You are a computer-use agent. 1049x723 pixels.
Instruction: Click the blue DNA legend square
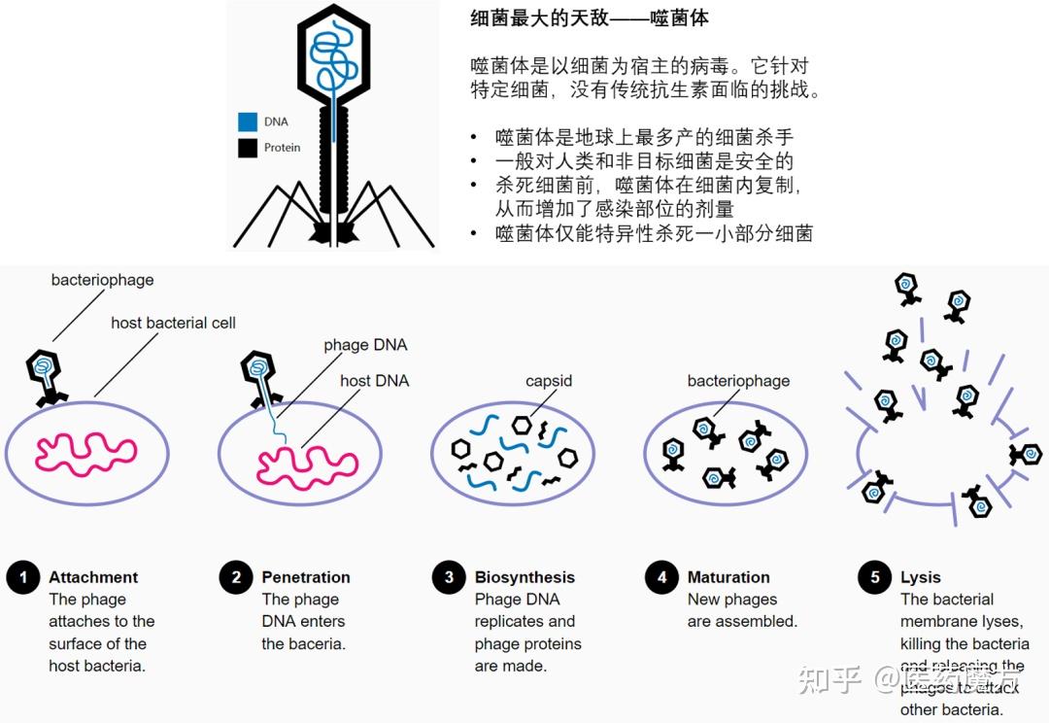tap(248, 122)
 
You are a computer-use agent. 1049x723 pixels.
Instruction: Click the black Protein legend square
tap(248, 148)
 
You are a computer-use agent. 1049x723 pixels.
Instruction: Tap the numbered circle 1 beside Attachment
tap(22, 577)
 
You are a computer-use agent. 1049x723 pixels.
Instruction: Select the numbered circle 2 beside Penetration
tap(235, 577)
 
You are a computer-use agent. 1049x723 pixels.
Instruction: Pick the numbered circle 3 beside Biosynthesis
tap(448, 577)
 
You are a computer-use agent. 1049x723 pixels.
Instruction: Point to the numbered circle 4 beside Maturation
tap(660, 577)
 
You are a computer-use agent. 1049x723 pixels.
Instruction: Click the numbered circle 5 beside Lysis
tap(874, 577)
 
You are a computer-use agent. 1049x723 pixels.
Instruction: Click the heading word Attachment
tap(93, 577)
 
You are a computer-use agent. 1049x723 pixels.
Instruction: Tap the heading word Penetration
tap(306, 577)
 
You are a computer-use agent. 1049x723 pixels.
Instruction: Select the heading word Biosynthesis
tap(524, 577)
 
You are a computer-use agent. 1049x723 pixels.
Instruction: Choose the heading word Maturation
tap(728, 577)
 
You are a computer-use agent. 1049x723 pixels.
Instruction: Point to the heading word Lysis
tap(921, 577)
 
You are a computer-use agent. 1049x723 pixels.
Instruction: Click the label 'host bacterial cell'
tap(173, 323)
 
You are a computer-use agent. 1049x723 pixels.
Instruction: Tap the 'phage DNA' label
tap(365, 345)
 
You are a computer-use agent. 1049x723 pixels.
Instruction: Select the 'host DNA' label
tap(374, 381)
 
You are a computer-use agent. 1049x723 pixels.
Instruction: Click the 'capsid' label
tap(549, 381)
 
